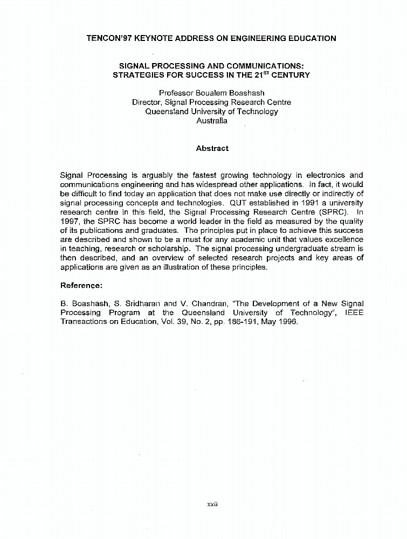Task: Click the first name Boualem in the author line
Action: click(x=213, y=93)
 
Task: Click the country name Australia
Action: click(x=212, y=121)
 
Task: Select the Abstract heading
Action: click(x=212, y=148)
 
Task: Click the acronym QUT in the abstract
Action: click(x=238, y=203)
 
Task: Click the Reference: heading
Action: click(x=81, y=285)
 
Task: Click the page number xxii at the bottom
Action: click(x=212, y=505)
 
